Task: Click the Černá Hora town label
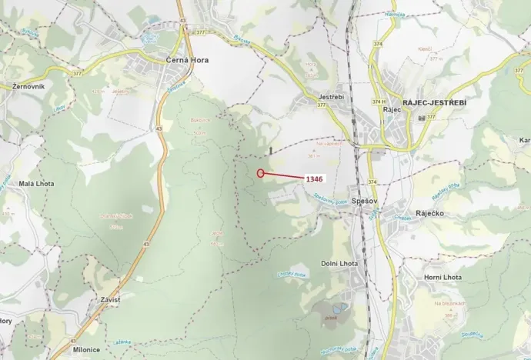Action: (188, 59)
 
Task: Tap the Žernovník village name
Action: (28, 86)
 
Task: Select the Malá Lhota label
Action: (35, 185)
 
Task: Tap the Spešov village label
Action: (362, 201)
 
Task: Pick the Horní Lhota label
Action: (442, 277)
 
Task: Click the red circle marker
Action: (261, 173)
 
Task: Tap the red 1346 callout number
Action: (313, 178)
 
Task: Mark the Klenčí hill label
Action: (424, 48)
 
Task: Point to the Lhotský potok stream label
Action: (292, 275)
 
